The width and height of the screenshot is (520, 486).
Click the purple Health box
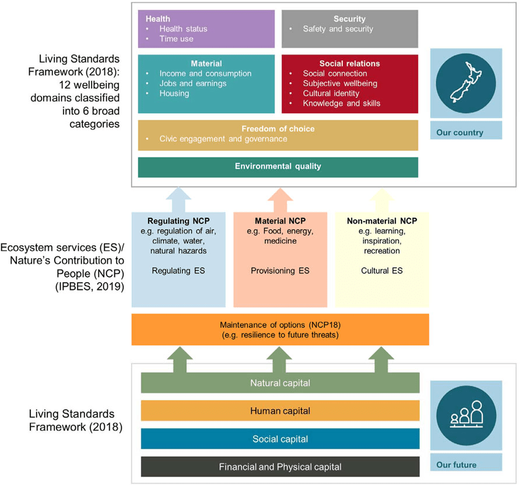[206, 29]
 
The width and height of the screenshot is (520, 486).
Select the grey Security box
[350, 29]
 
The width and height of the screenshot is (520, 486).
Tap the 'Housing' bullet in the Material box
[174, 93]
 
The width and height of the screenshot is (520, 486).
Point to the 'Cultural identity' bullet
[331, 93]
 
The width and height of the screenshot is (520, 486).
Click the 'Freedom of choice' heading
[277, 129]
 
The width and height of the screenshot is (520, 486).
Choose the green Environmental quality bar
[277, 167]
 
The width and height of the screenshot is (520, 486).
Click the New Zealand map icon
[466, 86]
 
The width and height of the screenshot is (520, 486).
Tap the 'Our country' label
[460, 132]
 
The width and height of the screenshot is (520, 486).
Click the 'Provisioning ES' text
[279, 271]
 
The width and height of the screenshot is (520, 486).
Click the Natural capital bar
[280, 383]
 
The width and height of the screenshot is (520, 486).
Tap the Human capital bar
[280, 411]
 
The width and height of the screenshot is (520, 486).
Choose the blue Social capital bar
[280, 439]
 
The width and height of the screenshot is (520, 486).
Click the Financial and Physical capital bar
[280, 466]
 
